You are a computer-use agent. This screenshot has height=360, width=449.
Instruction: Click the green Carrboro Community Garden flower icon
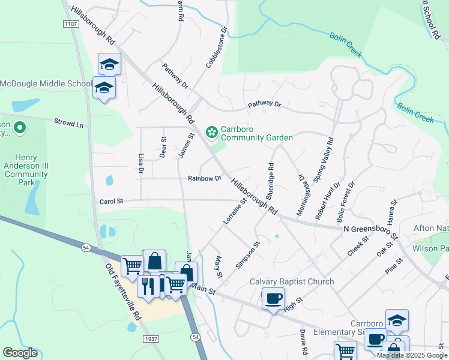pos(211,131)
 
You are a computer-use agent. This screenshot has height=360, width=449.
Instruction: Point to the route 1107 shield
pos(70,23)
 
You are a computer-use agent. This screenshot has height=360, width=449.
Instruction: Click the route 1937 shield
pos(151,339)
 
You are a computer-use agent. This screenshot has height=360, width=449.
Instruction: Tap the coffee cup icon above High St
pos(273,298)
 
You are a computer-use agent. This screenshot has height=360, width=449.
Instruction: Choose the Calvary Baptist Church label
pos(292,282)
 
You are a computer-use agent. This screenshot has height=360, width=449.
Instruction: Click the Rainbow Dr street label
pos(205,178)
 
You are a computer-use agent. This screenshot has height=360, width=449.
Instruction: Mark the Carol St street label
pos(110,202)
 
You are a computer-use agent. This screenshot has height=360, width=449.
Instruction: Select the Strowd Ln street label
pos(68,124)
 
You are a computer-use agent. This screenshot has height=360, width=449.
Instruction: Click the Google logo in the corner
pos(20,353)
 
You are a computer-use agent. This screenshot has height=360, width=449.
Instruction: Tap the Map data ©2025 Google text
pos(412,355)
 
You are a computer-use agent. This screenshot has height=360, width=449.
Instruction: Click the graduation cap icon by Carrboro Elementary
pos(397,320)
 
